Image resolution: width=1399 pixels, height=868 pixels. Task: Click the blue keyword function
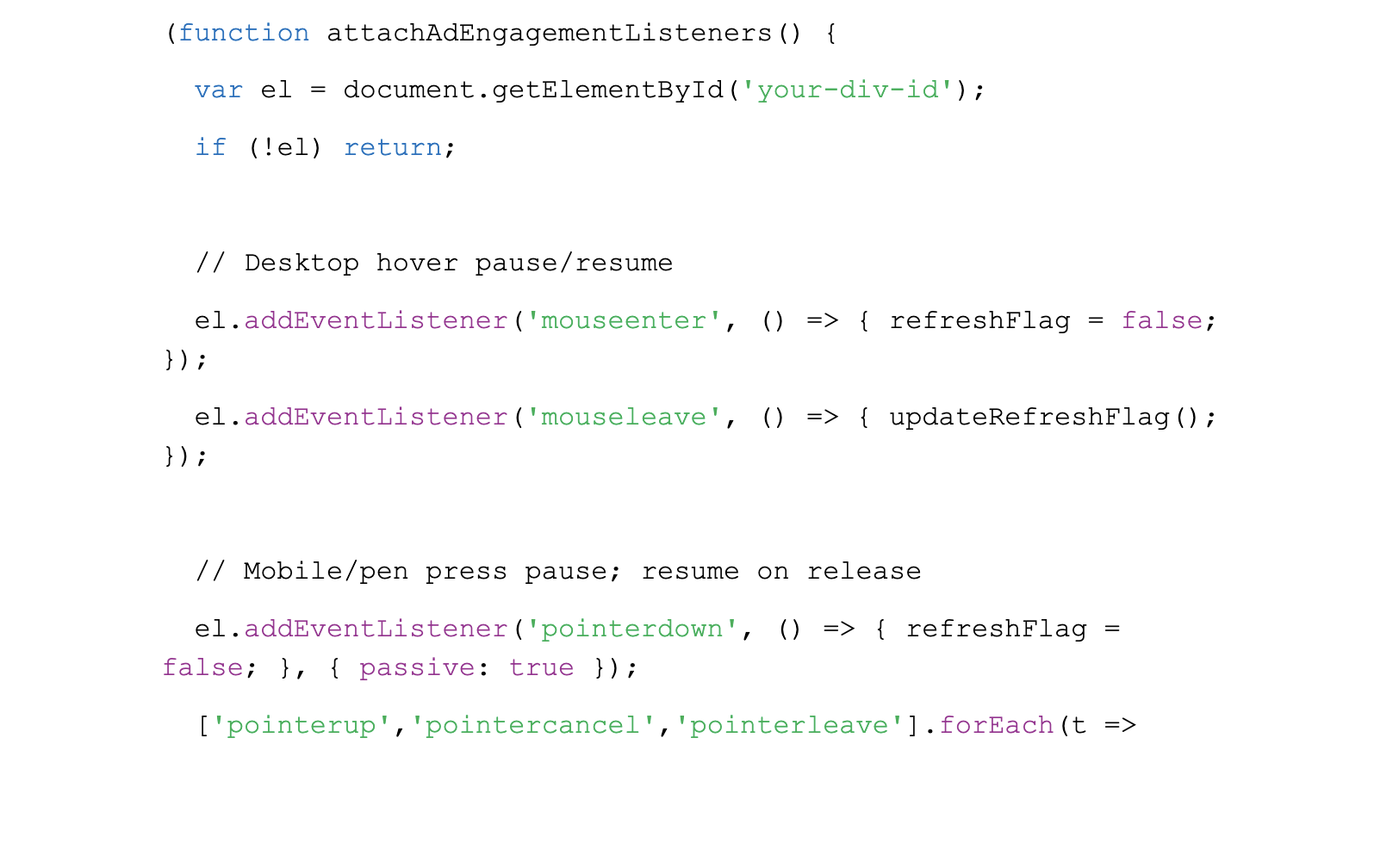coord(244,33)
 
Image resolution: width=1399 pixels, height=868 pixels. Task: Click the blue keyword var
coord(219,91)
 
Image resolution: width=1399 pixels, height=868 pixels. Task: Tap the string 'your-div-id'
coord(848,91)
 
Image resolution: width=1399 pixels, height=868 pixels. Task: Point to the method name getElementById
coord(607,91)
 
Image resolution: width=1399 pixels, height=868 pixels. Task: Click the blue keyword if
coord(210,147)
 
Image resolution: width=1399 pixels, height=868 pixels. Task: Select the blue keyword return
coord(393,148)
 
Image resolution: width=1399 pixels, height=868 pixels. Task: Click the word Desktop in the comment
coord(302,263)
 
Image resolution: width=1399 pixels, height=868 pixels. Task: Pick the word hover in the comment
coord(417,263)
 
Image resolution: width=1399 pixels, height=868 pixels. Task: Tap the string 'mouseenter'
coord(624,321)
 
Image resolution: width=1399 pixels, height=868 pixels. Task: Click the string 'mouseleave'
coord(624,417)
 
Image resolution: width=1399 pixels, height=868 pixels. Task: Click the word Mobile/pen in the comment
coord(326,572)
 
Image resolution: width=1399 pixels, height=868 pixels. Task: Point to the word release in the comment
coord(864,572)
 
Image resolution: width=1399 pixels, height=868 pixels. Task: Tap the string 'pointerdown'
coord(632,629)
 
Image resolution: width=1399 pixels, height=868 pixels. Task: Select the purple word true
coord(542,668)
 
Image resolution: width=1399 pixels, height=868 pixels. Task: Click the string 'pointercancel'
coord(533,726)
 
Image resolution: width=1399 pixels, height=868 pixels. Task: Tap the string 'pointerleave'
coord(790,726)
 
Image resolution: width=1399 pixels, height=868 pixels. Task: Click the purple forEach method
coord(997,726)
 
